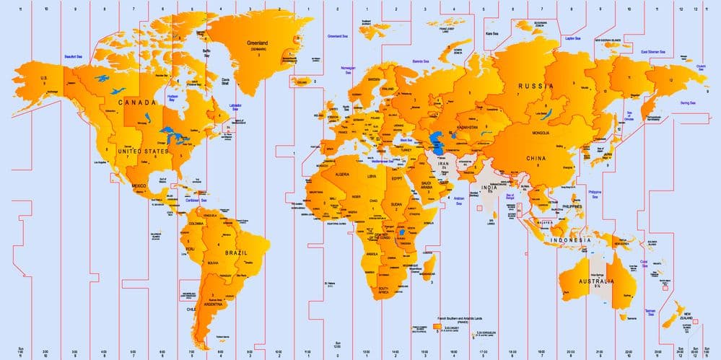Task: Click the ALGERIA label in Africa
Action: point(338,175)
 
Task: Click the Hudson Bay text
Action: point(172,97)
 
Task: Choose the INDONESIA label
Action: point(570,239)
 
